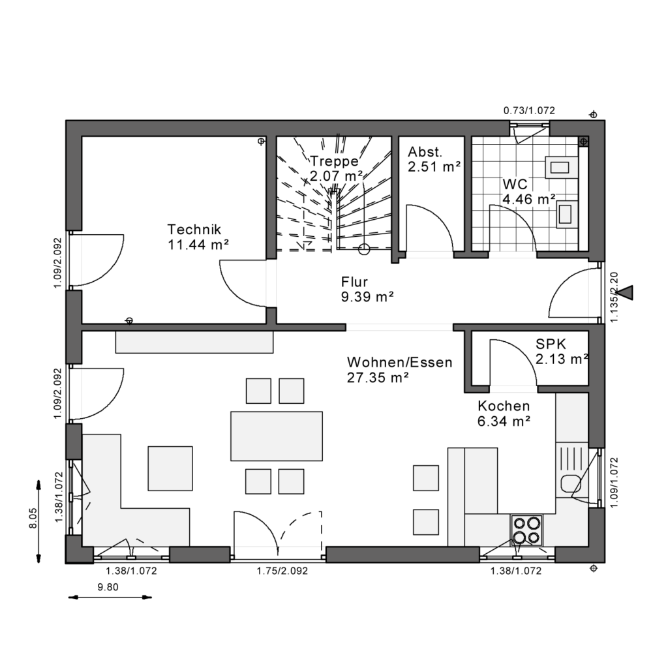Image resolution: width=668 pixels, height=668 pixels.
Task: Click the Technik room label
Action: [x=194, y=230]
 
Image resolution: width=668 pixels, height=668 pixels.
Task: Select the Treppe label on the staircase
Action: [x=334, y=161]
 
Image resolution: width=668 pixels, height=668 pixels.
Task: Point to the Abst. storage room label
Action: [x=425, y=152]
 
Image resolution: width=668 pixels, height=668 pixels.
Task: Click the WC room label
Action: [x=515, y=184]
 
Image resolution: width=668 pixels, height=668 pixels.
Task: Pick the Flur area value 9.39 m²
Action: [x=367, y=297]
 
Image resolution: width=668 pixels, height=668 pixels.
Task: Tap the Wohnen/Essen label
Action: [x=399, y=362]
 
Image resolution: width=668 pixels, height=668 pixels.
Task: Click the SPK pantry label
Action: [x=551, y=344]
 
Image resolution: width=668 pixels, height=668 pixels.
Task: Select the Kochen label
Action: [x=503, y=406]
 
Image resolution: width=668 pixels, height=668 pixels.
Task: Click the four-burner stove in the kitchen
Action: [x=526, y=530]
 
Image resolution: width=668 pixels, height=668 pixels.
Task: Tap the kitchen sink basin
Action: [x=570, y=483]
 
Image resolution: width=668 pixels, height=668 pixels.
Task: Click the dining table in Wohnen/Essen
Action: [x=277, y=436]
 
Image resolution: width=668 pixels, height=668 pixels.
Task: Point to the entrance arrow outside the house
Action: [x=625, y=293]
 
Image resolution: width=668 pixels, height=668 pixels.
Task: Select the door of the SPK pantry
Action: [x=513, y=362]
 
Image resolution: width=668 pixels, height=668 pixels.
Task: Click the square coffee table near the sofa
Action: [x=170, y=468]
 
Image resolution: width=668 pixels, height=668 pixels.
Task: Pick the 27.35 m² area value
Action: [x=378, y=377]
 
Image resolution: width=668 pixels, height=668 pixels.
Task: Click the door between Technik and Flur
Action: [x=243, y=282]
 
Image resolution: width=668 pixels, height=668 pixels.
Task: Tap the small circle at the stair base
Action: [x=364, y=248]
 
